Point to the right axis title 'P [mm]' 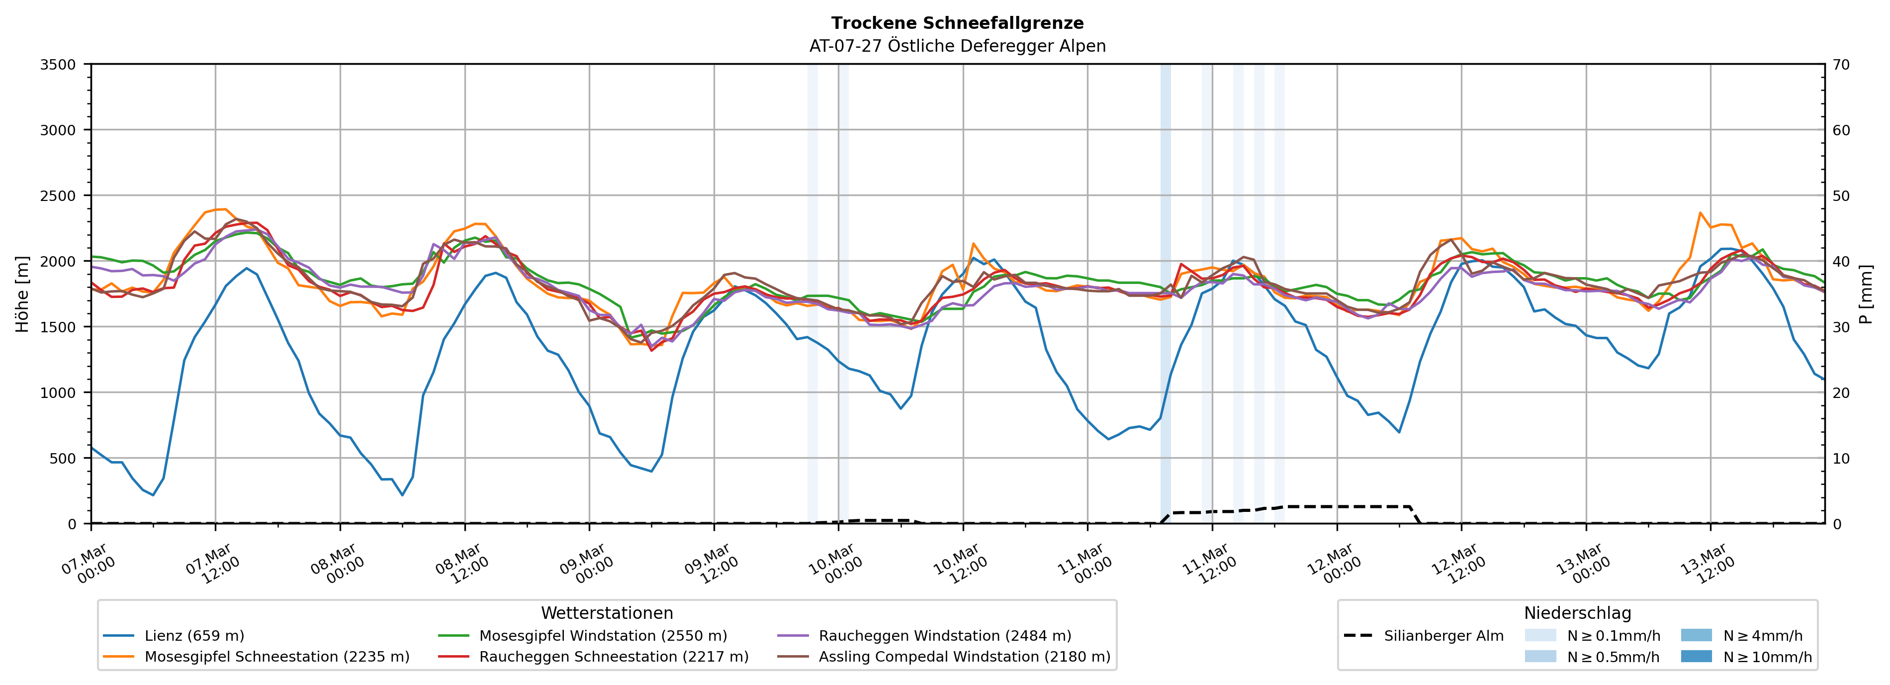(x=1866, y=294)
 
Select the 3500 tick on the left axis (x=57, y=65)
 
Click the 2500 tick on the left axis (x=57, y=196)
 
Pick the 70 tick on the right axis (x=1841, y=65)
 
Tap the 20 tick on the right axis (x=1841, y=393)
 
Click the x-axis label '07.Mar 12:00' (x=211, y=564)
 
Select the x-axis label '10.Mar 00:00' (x=834, y=564)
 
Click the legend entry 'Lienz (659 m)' (x=194, y=636)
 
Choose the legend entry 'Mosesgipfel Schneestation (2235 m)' (x=276, y=656)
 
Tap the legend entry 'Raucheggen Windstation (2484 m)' (x=944, y=636)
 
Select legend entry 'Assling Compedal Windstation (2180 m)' (x=964, y=656)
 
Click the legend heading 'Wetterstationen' (x=607, y=613)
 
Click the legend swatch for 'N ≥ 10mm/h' (x=1696, y=656)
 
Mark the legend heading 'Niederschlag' (x=1577, y=613)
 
